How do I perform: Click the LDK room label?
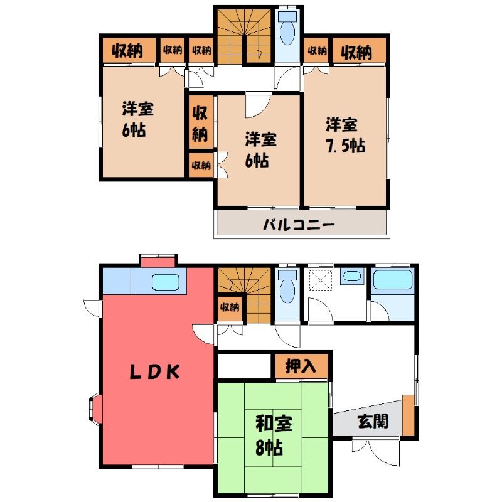[x=155, y=372]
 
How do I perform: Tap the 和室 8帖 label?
[x=273, y=435]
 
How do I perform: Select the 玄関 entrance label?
[x=373, y=421]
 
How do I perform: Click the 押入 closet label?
[x=301, y=366]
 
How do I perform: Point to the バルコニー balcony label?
[x=299, y=225]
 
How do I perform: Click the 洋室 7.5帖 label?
[x=344, y=136]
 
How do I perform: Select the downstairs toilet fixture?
[x=287, y=287]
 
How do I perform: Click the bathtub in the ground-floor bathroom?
[x=393, y=280]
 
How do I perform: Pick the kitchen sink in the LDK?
[x=165, y=282]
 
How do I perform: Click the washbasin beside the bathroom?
[x=352, y=276]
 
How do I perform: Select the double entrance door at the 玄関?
[x=376, y=452]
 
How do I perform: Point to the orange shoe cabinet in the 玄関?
[x=409, y=415]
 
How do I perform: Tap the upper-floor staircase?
[x=244, y=36]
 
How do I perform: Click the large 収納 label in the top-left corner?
[x=127, y=51]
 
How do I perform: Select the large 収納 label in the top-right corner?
[x=356, y=52]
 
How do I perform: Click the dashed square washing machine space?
[x=321, y=279]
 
